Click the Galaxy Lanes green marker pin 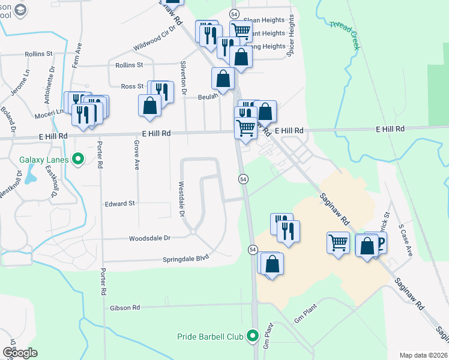(x=77, y=160)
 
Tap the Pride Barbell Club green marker (x=254, y=336)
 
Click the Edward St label (x=119, y=204)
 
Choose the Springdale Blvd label (x=185, y=259)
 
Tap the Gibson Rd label (x=125, y=308)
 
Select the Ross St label (x=133, y=86)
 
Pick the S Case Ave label (x=405, y=241)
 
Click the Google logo (x=20, y=352)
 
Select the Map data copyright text (x=423, y=355)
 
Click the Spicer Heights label (x=292, y=36)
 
